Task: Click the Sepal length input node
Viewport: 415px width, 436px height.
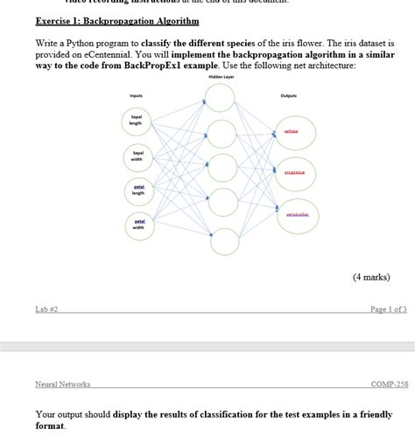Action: (x=137, y=121)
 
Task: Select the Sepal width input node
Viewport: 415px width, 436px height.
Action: (x=137, y=157)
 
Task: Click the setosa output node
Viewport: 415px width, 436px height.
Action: (x=291, y=131)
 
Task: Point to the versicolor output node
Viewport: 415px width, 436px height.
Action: (x=297, y=214)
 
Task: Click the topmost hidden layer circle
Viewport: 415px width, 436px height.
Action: (x=221, y=99)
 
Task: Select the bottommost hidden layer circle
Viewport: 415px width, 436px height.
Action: (x=224, y=243)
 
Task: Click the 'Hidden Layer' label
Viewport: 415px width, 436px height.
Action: (x=221, y=78)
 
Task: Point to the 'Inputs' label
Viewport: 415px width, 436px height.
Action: (x=136, y=95)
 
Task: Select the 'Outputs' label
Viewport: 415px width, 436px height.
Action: (x=290, y=95)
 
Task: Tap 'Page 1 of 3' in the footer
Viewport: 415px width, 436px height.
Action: (x=388, y=309)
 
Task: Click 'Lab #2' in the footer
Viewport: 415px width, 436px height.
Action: (x=46, y=309)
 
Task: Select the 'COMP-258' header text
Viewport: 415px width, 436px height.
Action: (x=390, y=384)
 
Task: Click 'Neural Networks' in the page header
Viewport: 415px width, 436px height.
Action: (x=63, y=384)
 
